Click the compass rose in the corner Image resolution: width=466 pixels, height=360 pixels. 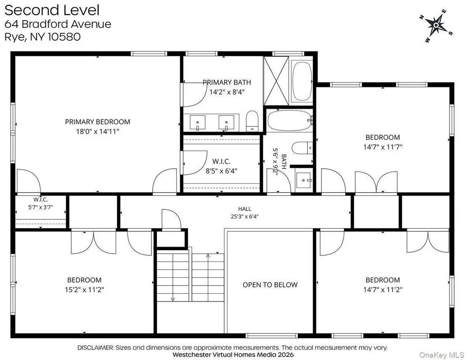click(436, 25)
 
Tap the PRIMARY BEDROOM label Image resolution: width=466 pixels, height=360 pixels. click(98, 122)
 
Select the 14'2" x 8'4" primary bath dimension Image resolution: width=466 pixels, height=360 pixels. click(227, 92)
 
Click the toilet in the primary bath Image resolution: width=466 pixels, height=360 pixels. click(252, 121)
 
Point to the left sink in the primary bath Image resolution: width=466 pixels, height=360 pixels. click(197, 122)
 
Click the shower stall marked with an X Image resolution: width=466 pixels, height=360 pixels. click(276, 81)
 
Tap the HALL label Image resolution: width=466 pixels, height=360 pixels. click(245, 209)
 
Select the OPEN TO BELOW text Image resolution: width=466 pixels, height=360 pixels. click(270, 285)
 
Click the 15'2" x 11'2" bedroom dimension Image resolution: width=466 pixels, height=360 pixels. click(85, 289)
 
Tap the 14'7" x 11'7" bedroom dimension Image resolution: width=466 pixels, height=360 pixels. click(383, 147)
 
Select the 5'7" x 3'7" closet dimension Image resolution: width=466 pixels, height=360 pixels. click(41, 207)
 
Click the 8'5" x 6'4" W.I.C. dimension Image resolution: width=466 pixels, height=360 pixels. click(221, 171)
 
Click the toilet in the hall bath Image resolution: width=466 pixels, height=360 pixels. click(302, 148)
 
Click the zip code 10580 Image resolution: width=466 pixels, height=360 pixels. click(64, 37)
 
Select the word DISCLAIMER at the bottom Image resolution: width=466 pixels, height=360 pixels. click(95, 347)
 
